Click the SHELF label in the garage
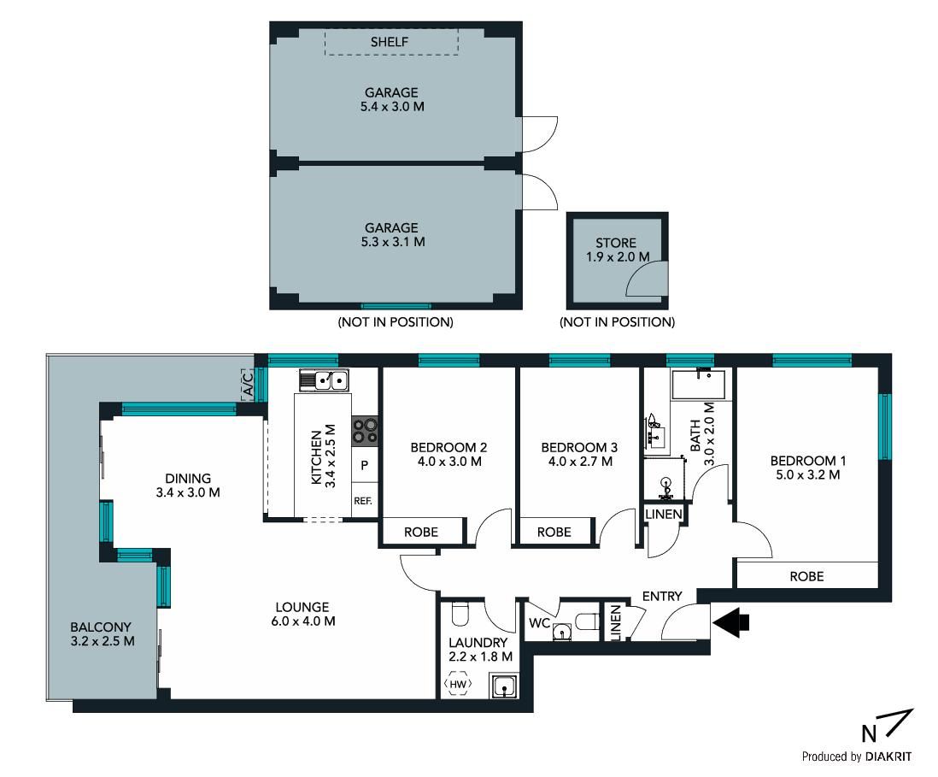click(390, 42)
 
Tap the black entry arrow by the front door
click(730, 622)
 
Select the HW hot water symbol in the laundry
click(458, 684)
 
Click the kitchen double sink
click(324, 380)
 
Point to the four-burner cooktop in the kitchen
click(364, 431)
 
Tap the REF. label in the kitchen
click(362, 501)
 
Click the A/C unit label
click(249, 384)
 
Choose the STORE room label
click(616, 243)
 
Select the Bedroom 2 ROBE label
click(421, 533)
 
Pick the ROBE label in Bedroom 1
click(806, 576)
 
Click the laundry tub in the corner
click(504, 686)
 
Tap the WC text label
click(540, 623)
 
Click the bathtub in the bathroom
click(698, 385)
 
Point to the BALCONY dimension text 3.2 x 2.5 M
click(103, 641)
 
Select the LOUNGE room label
click(302, 607)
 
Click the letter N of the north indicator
click(869, 733)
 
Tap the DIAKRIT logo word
click(888, 756)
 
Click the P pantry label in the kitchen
click(364, 465)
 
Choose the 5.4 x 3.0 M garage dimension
click(392, 107)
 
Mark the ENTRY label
click(661, 597)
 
